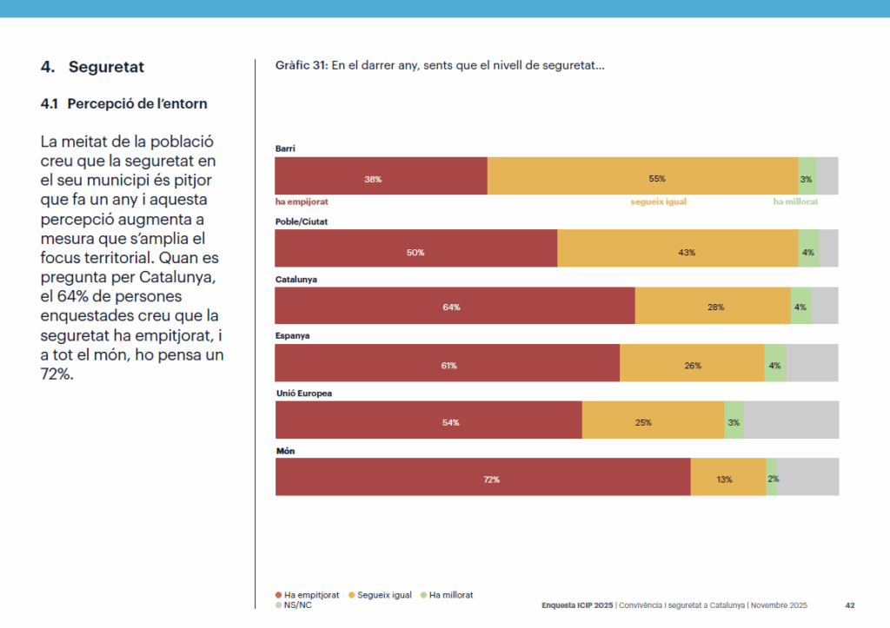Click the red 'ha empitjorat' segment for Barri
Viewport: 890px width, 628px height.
coord(381,176)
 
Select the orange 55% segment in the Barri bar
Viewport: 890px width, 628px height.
coord(642,176)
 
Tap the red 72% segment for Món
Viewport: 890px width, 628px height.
coord(482,477)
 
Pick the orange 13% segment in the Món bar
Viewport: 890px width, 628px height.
coord(727,477)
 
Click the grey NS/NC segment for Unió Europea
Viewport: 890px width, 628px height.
coord(791,420)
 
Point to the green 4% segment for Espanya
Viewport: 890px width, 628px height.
coord(774,363)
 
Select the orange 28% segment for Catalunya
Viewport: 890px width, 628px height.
coord(713,306)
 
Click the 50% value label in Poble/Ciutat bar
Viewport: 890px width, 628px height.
coord(415,252)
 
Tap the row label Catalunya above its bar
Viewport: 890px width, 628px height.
coord(296,280)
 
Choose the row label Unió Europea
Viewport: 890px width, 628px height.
coord(303,393)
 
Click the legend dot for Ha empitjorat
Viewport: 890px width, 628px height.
coord(279,595)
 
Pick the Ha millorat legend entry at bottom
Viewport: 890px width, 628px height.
coord(450,595)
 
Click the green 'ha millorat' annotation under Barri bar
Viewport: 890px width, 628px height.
coord(795,201)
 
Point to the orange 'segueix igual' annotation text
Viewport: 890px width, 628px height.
coord(659,201)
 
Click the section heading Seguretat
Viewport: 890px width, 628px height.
coord(106,67)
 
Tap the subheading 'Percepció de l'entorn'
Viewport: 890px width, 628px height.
coord(136,104)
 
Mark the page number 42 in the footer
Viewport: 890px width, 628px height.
coord(850,605)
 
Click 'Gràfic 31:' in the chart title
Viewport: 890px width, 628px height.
coord(301,66)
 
